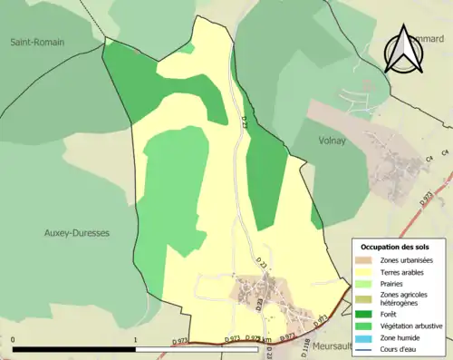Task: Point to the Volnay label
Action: click(x=334, y=141)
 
